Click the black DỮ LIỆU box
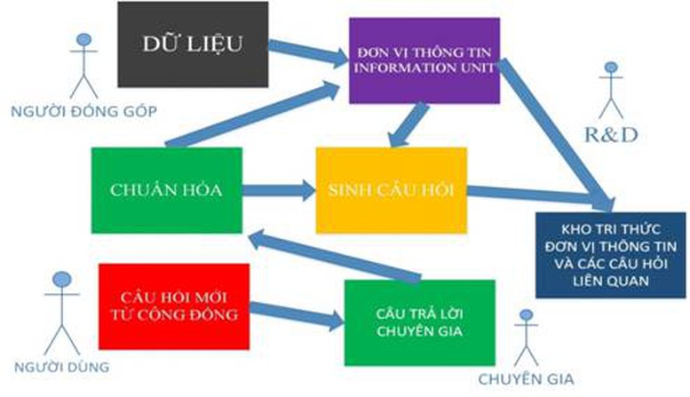(x=193, y=44)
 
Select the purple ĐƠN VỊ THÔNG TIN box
(x=424, y=60)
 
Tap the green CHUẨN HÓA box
(x=166, y=190)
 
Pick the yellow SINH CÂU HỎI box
(x=392, y=190)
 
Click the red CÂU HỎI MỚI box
(x=174, y=306)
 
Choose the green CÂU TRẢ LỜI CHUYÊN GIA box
(x=419, y=322)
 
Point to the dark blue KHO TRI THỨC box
(x=610, y=255)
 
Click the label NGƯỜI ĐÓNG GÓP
(x=83, y=111)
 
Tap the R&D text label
(x=611, y=135)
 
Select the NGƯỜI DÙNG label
(x=61, y=367)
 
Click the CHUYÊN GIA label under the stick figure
(x=527, y=379)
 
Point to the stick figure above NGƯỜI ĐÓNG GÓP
(x=83, y=66)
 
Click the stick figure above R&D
(x=611, y=91)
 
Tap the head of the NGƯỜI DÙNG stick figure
(x=62, y=279)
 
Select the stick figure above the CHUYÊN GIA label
(x=527, y=337)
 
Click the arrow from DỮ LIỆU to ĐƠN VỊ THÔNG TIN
(x=308, y=52)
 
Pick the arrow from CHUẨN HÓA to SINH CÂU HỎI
(x=279, y=190)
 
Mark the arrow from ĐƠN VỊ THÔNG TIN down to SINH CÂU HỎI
(x=408, y=125)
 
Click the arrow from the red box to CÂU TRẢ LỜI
(x=297, y=314)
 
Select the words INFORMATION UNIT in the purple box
(x=424, y=67)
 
